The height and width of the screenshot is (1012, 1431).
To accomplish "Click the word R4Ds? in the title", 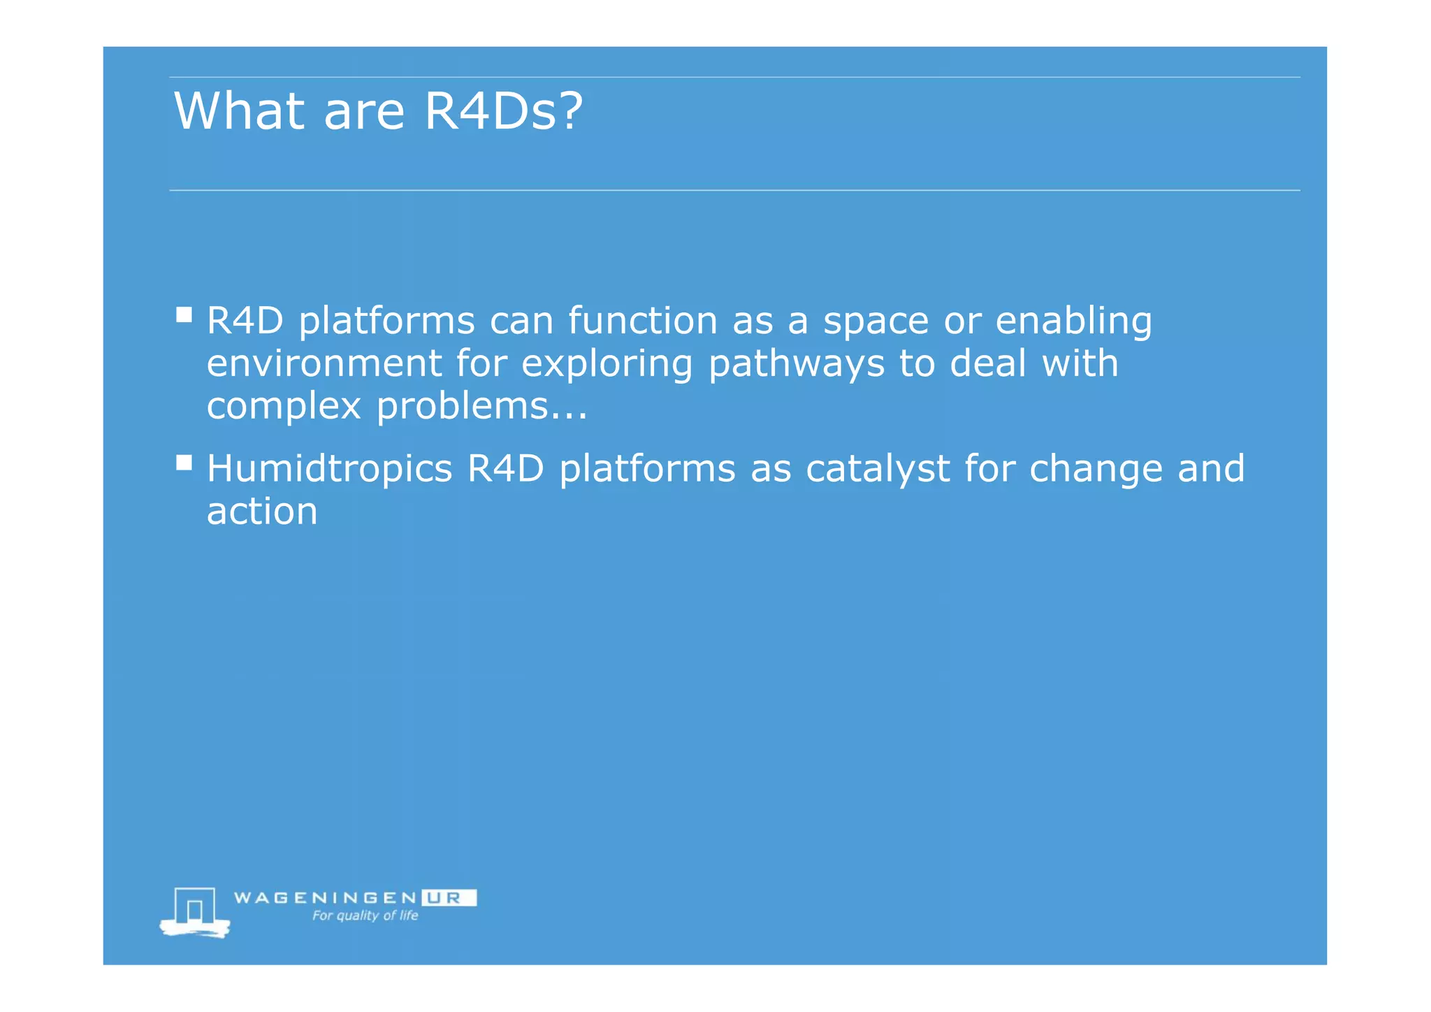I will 503,112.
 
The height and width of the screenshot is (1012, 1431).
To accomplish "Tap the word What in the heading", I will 239,112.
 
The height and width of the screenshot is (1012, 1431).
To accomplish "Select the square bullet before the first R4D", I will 184,315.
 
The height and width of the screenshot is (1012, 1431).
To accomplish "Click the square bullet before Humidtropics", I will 184,463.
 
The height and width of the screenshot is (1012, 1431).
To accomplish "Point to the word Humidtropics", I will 329,468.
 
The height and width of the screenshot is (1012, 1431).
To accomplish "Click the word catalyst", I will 878,470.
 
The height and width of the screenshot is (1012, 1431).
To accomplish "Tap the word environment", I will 324,363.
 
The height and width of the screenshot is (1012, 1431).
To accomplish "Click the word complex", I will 284,407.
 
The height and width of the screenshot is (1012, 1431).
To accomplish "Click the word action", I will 262,512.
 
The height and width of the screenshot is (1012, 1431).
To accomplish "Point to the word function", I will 642,321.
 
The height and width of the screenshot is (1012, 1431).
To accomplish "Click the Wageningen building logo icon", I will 195,911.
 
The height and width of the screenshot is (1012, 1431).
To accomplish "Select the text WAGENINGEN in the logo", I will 325,898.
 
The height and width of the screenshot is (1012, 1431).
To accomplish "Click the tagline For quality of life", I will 365,916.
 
